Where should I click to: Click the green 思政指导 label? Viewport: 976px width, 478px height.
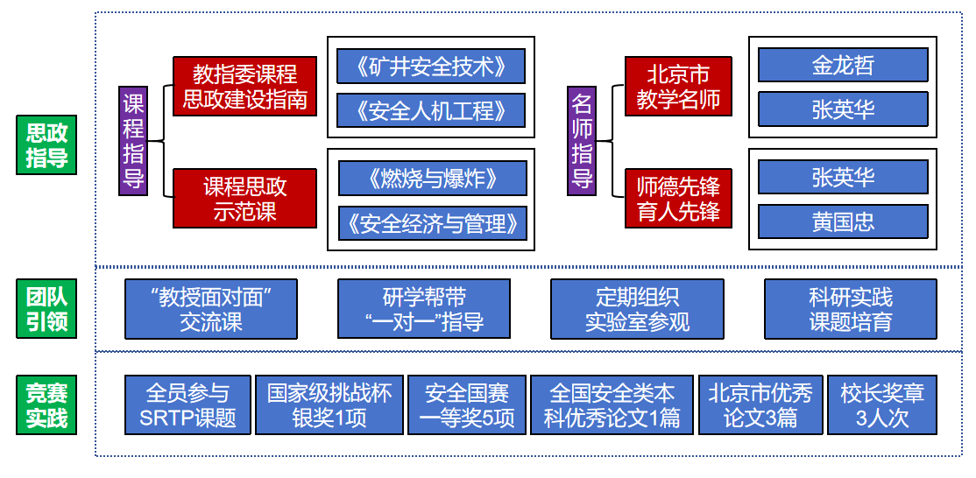click(x=46, y=145)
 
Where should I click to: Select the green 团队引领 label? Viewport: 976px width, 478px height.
click(x=46, y=308)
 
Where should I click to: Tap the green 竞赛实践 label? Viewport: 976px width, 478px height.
click(x=46, y=404)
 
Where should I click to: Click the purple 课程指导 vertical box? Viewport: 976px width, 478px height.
click(x=133, y=141)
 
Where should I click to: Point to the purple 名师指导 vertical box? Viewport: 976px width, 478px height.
click(x=583, y=141)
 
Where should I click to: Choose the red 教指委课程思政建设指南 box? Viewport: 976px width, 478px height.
click(x=244, y=87)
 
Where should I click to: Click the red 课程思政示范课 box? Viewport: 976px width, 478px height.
click(x=244, y=199)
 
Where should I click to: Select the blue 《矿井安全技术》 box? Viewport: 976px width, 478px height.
click(x=431, y=67)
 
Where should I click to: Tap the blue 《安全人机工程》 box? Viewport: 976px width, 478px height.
click(x=431, y=110)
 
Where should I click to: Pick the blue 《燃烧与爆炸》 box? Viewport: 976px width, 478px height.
click(x=432, y=179)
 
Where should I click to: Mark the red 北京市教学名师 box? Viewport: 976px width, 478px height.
click(x=678, y=87)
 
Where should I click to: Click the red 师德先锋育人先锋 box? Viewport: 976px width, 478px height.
click(x=678, y=199)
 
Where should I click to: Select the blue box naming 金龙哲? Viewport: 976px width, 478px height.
click(x=842, y=66)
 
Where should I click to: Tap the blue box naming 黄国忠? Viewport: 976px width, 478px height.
click(x=842, y=222)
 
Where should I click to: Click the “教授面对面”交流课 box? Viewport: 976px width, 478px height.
click(x=210, y=308)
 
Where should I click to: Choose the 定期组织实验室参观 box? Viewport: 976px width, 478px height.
click(x=637, y=308)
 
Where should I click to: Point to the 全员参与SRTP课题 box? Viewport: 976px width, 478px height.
click(x=187, y=404)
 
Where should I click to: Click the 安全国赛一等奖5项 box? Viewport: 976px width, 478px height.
click(x=466, y=404)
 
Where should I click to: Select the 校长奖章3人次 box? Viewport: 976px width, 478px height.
click(x=882, y=404)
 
